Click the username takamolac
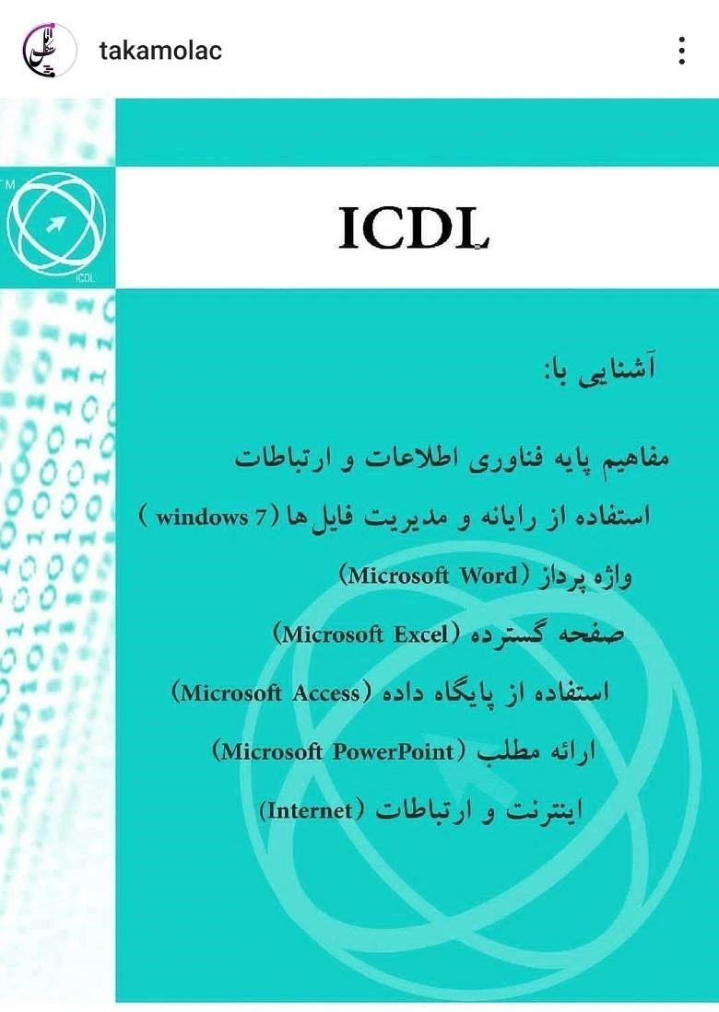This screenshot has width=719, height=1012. coord(160,51)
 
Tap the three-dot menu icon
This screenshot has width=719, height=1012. coord(681,51)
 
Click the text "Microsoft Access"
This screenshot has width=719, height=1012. coord(267,692)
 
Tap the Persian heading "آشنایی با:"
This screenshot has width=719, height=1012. coord(600,369)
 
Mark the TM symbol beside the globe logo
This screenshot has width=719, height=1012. coord(9,183)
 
